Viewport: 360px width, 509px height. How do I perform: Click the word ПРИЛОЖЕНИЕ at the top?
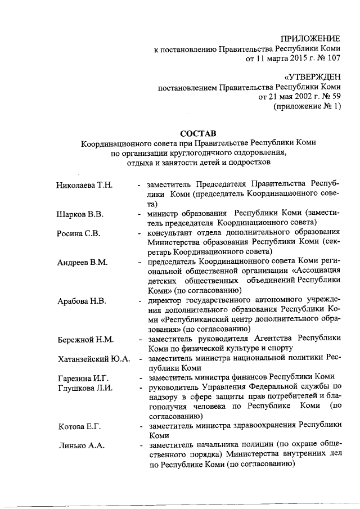click(310, 39)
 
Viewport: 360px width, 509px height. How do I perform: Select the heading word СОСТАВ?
click(197, 133)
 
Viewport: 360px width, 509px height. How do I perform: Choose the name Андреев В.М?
click(82, 263)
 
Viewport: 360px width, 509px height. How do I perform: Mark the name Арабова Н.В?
click(82, 301)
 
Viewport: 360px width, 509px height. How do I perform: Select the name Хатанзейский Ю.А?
click(93, 359)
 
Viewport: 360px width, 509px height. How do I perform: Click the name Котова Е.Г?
click(79, 426)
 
